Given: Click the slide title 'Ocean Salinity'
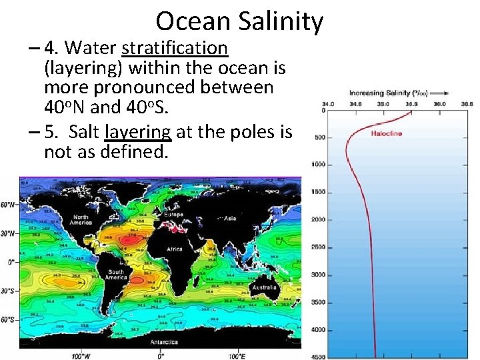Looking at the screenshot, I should [239, 21].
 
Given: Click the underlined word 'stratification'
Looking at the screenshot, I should [175, 49].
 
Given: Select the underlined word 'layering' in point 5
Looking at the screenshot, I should [139, 133].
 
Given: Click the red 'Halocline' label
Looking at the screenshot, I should [387, 133].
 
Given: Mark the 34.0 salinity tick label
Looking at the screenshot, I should [329, 104].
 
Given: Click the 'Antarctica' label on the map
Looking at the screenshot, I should [163, 341].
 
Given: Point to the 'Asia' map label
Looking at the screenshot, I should [230, 217].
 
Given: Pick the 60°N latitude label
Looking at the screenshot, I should [8, 205].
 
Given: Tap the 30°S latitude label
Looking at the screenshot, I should [8, 291].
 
